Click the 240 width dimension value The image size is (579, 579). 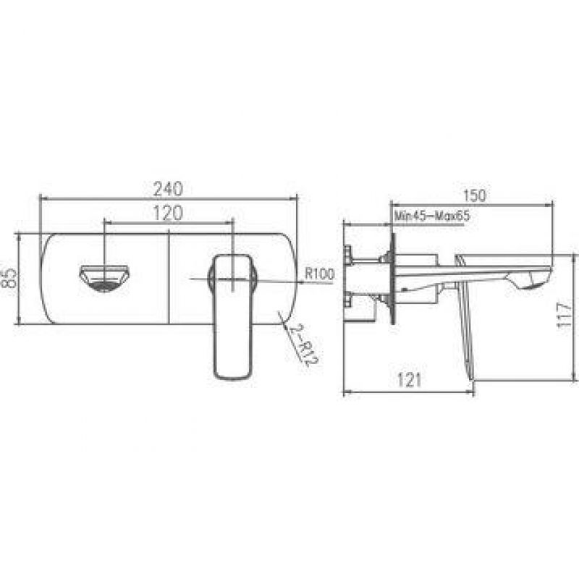tap(168, 189)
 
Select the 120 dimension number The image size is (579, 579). tap(168, 213)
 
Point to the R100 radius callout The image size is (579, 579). tap(320, 274)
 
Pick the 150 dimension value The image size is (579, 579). tap(475, 195)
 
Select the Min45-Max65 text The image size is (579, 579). tap(432, 216)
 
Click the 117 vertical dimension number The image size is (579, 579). tap(564, 315)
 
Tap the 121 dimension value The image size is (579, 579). tap(410, 380)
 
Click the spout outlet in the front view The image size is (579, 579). tap(104, 278)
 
